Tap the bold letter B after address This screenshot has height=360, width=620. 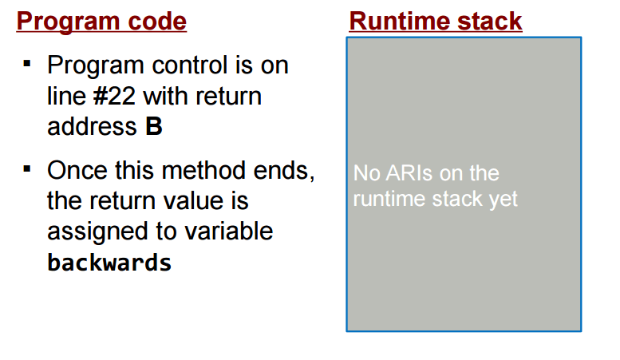point(154,127)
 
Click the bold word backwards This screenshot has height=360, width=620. point(109,263)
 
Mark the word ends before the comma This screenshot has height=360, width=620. point(282,171)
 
